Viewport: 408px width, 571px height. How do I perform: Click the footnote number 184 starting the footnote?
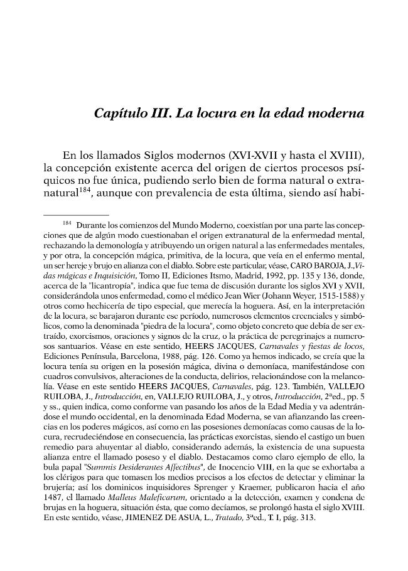tap(68, 223)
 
